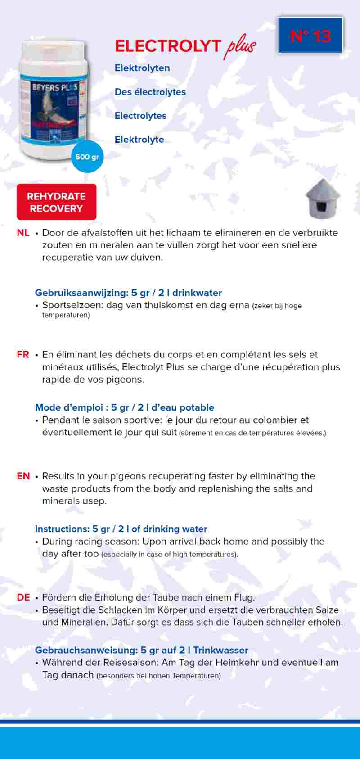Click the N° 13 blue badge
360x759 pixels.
pos(310,36)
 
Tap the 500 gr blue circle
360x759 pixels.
pos(87,157)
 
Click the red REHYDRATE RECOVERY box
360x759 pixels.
pos(56,202)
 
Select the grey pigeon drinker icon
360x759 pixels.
pos(323,199)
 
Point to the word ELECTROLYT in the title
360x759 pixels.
pos(168,46)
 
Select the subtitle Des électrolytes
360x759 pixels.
pos(150,92)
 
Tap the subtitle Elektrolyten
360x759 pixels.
pos(142,68)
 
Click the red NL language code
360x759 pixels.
pos(23,233)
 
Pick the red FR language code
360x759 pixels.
pos(23,354)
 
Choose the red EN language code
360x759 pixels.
pos(23,476)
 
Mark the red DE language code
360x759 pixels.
pos(23,597)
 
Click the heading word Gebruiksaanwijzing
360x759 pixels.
pos(81,293)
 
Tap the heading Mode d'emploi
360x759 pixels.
pos(69,407)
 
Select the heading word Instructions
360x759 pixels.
pos(62,529)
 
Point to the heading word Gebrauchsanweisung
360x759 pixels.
pos(86,650)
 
